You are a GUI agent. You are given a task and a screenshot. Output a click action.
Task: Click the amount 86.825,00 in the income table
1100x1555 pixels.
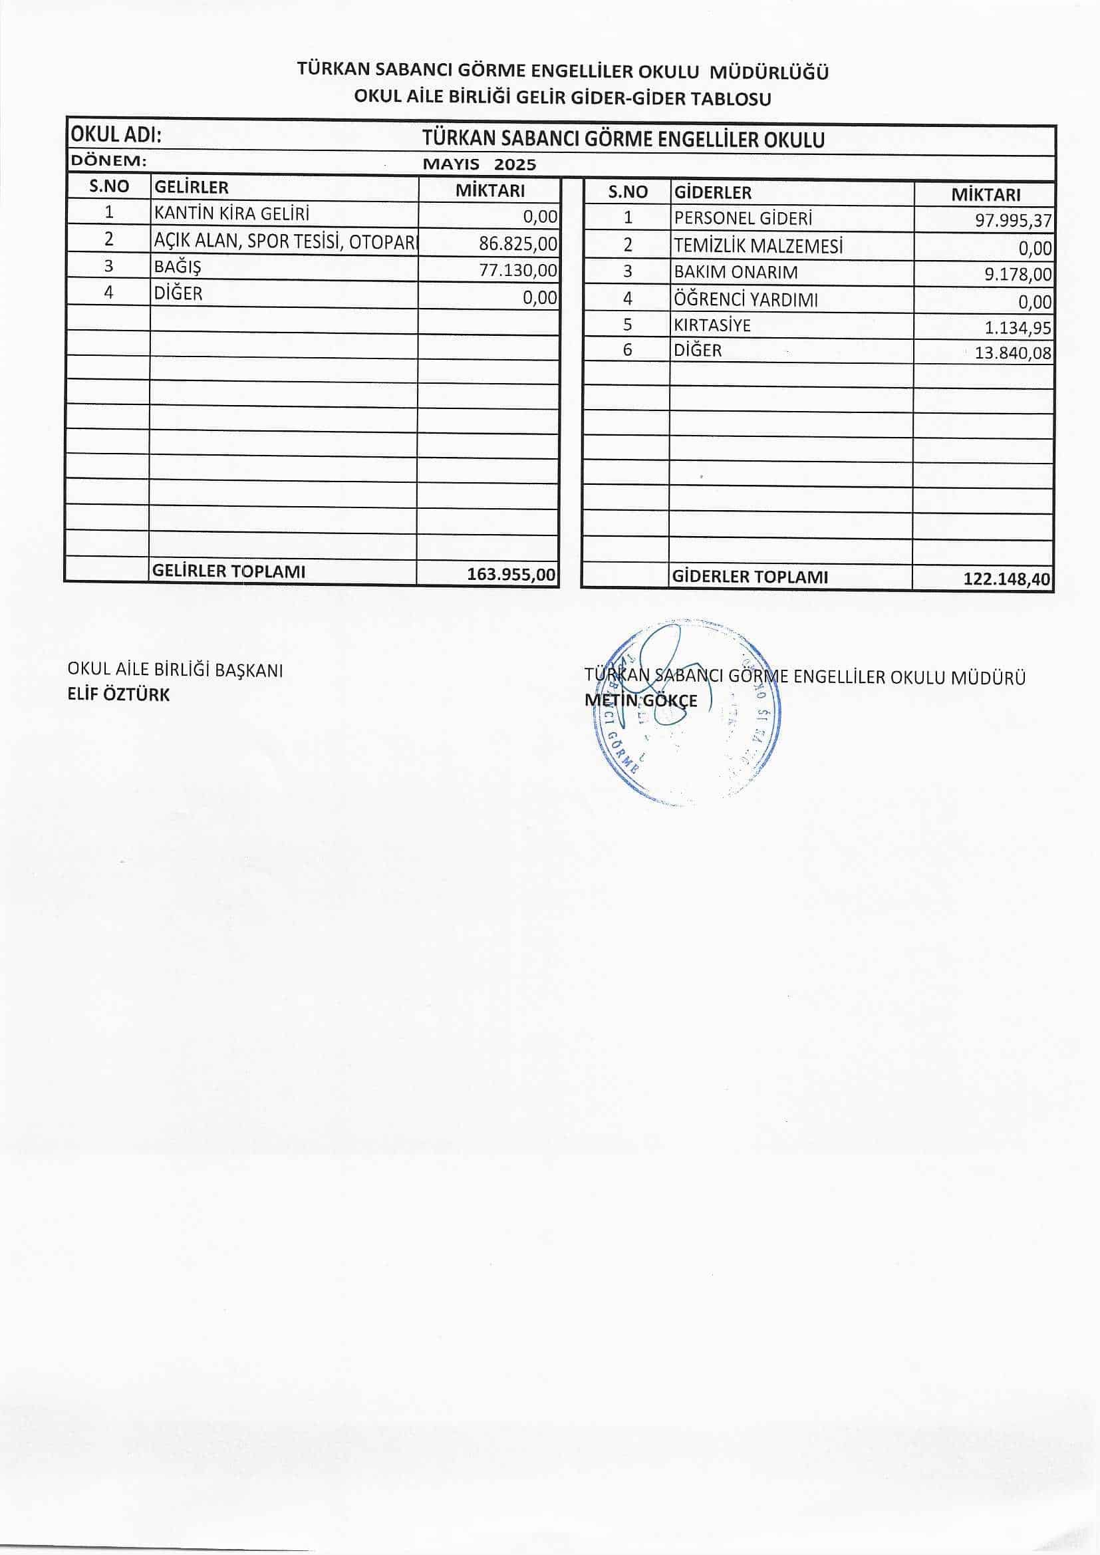coord(518,243)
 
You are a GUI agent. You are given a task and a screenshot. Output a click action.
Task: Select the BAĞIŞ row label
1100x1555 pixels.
coord(178,267)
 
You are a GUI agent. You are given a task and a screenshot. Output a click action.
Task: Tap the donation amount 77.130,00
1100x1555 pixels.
coord(518,270)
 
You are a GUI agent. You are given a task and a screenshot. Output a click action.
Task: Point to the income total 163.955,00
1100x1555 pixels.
coord(511,575)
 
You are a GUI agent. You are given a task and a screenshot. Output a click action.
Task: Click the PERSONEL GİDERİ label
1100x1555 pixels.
coord(743,219)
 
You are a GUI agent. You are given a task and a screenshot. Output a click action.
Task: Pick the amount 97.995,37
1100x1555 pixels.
coord(1014,221)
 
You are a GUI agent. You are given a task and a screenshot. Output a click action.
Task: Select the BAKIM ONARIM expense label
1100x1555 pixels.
coord(736,272)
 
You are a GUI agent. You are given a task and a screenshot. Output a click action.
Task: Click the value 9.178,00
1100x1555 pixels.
coord(1018,274)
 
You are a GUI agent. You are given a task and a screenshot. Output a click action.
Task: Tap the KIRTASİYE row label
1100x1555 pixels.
coord(712,325)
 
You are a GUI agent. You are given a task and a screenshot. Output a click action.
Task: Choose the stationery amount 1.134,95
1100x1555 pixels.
coord(1018,329)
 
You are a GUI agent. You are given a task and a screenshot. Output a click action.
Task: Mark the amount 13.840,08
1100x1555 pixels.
coord(1014,353)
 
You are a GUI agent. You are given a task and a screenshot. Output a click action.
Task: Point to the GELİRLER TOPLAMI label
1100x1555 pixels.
coord(229,571)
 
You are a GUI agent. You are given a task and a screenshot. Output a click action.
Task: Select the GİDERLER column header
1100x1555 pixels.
coord(712,192)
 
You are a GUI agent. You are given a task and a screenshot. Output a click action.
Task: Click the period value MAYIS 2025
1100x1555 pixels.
coord(479,164)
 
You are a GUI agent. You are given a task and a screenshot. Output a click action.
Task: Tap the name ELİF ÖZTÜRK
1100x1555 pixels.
coord(118,695)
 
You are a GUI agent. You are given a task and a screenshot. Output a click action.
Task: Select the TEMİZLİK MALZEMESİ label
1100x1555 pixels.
coord(758,247)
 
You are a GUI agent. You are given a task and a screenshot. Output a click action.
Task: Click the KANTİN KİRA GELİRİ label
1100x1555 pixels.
coord(231,214)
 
